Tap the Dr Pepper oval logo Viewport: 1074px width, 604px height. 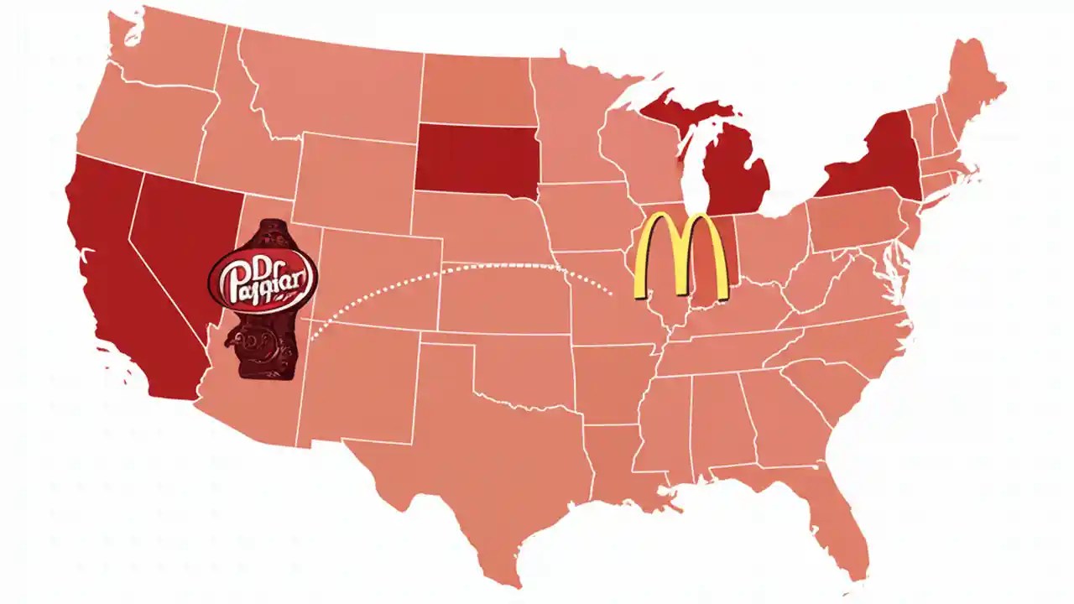tap(263, 280)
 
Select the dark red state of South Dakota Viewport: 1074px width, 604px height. tap(475, 159)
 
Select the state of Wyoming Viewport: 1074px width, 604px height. tap(352, 180)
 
